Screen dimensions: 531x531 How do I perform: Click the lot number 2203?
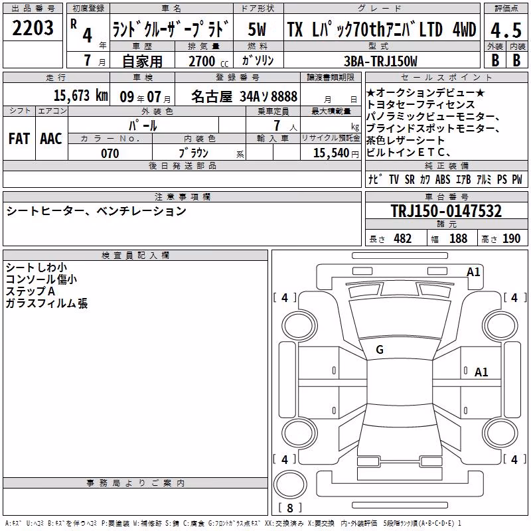coord(33,28)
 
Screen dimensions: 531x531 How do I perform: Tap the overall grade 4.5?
coord(506,30)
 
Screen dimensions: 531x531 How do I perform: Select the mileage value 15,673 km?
coord(81,96)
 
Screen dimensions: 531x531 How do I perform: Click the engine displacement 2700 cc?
coord(208,61)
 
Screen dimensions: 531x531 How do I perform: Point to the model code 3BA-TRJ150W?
coord(380,61)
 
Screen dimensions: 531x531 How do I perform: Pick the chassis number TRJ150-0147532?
coord(446,210)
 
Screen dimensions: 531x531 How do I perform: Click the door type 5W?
coord(257,29)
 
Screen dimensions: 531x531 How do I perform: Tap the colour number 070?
coord(110,153)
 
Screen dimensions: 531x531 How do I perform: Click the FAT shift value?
coord(19,139)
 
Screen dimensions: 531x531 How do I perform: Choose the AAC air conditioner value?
coord(51,139)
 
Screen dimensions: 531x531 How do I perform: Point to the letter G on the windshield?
coord(380,350)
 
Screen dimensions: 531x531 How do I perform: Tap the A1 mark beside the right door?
coord(481,372)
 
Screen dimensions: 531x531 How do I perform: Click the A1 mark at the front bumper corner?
coord(473,272)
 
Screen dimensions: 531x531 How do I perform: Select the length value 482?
coord(403,238)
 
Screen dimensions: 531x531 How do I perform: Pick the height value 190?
coord(511,238)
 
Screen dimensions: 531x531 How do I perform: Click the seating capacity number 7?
coord(277,125)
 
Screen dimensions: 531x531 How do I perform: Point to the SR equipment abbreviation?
coord(410,179)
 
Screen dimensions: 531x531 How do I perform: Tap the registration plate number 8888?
coord(284,96)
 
